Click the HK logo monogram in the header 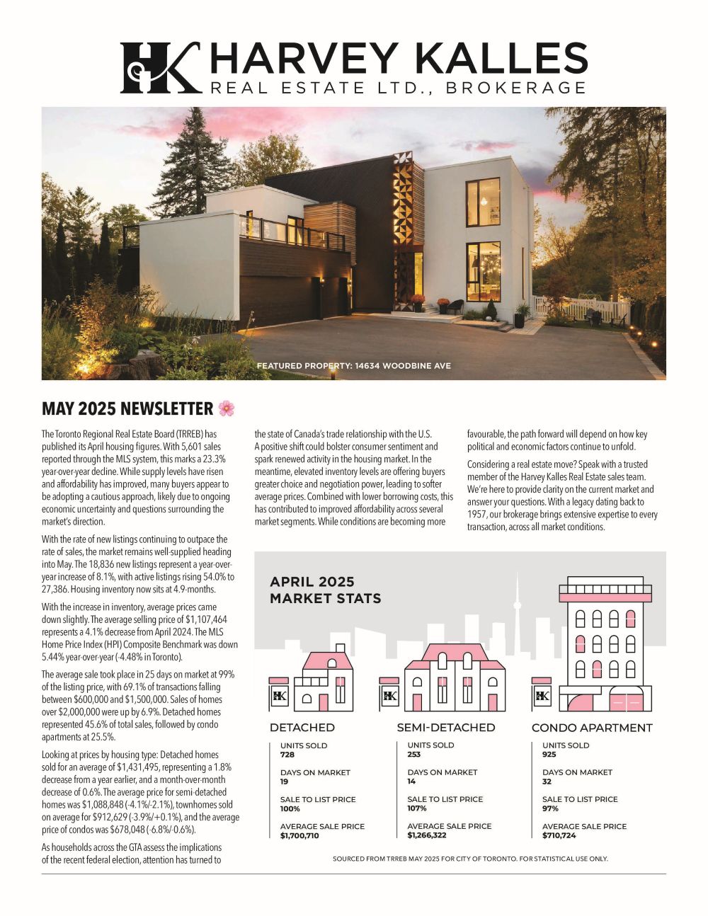(160, 68)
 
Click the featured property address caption (353, 366)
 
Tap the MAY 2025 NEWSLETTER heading (127, 409)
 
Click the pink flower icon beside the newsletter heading (227, 408)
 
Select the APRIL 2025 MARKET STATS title (325, 590)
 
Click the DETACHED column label (302, 728)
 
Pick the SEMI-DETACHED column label (446, 728)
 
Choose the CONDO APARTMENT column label (592, 728)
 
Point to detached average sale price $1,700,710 (299, 836)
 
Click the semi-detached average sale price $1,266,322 (427, 835)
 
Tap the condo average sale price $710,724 (559, 836)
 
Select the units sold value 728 (287, 755)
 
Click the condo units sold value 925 (549, 755)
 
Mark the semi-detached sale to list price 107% (417, 808)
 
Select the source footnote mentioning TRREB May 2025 (470, 859)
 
